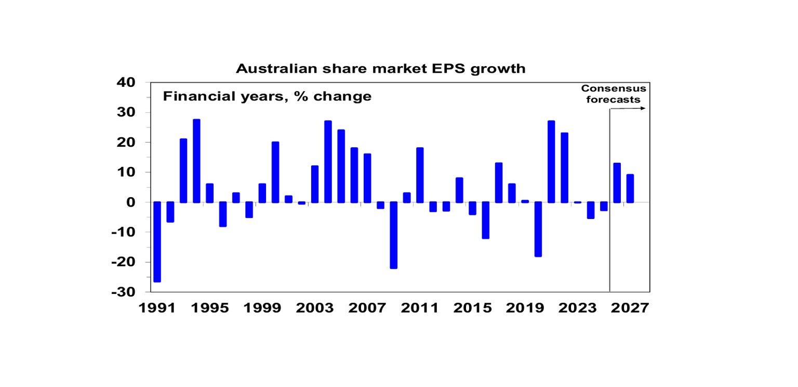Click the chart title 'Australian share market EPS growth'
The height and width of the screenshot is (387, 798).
coord(380,69)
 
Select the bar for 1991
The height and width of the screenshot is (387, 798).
coord(157,242)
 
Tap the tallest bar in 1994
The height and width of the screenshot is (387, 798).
coord(196,161)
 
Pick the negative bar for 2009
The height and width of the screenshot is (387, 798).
coord(394,235)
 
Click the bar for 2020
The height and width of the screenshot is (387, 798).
coord(538,229)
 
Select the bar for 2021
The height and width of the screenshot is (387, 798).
coord(551,162)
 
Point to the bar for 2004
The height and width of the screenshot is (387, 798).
coord(328,162)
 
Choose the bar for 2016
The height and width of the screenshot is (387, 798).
coord(486,220)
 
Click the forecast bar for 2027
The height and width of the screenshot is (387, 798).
coord(630,188)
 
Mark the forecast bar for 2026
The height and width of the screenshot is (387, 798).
coord(617,183)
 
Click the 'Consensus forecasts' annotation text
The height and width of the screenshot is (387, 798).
coord(614,94)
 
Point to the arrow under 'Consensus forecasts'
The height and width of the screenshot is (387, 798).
coord(628,108)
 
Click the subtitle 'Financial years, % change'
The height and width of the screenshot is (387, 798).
coord(267,96)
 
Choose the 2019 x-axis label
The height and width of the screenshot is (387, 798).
coord(525,308)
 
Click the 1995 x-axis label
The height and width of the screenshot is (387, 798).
coord(210,308)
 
